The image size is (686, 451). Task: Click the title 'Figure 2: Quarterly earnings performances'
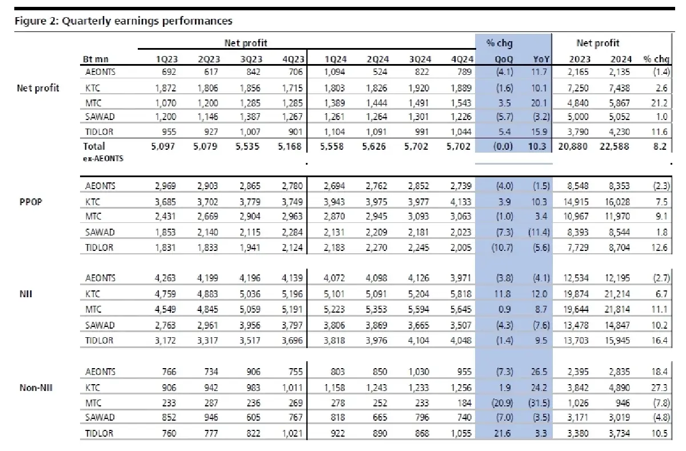[123, 21]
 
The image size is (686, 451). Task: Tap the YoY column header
[539, 59]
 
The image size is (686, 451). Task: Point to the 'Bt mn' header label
[95, 59]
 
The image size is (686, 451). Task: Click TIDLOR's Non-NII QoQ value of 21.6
[506, 433]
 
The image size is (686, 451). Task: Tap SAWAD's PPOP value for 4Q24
[461, 233]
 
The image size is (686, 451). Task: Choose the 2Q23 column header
[209, 59]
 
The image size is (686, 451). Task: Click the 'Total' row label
[94, 146]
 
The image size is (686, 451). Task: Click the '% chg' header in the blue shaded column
[497, 43]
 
